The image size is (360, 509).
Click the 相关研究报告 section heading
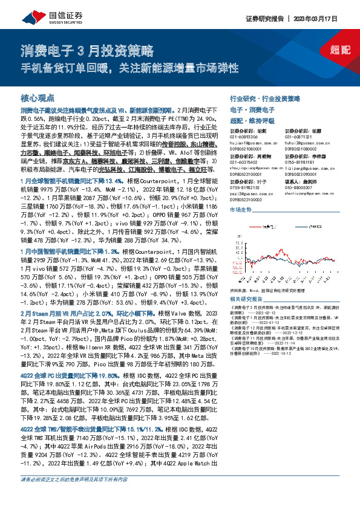(246, 299)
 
